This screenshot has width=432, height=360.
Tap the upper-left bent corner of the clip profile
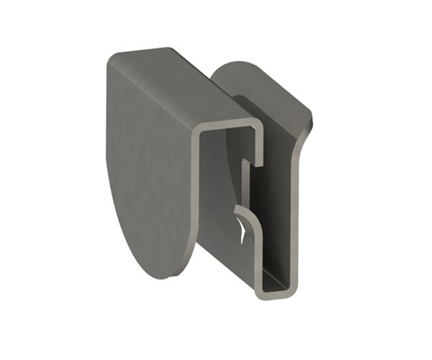click(x=199, y=130)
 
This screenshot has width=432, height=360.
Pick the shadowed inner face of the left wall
click(x=216, y=202)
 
